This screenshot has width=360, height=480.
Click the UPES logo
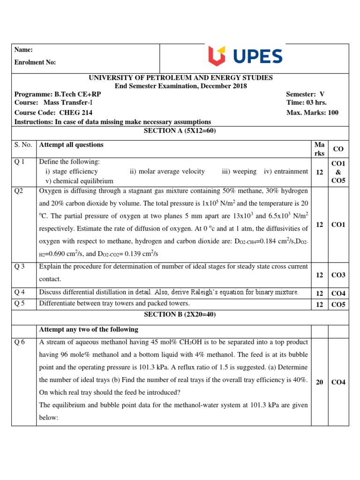point(245,57)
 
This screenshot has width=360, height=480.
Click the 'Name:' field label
point(24,50)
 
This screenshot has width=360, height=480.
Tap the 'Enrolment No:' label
point(35,62)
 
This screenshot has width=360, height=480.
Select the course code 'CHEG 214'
point(75,112)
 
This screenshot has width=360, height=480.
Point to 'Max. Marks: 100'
point(312,112)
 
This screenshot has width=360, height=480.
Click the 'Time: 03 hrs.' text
point(306,103)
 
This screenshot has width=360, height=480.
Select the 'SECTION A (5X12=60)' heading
point(180,131)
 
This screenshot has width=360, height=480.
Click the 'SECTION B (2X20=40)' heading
point(180,314)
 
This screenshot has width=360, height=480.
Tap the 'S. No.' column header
point(23,145)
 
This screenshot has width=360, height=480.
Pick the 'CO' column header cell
point(338,149)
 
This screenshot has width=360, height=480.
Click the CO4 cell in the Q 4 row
point(338,293)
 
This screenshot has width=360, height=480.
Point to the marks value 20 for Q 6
point(319,382)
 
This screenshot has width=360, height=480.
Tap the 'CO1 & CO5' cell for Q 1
point(338,172)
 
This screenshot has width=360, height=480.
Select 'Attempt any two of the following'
point(89,329)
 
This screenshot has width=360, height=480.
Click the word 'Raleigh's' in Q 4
point(216,292)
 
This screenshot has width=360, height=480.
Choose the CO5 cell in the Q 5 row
point(338,304)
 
